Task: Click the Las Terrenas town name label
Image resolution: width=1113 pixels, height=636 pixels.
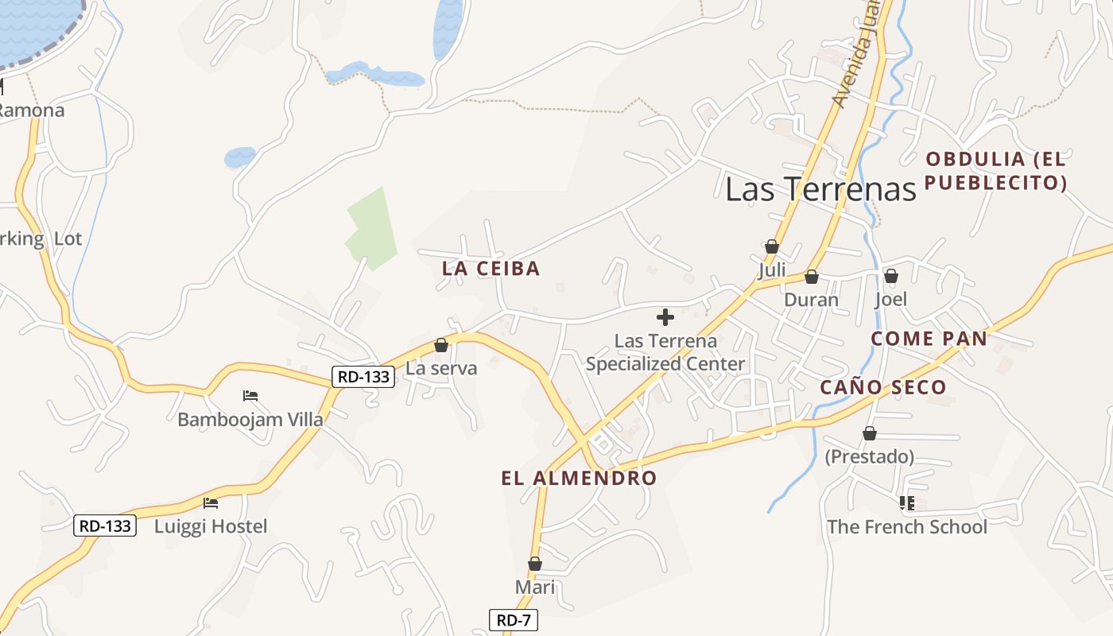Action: point(820,188)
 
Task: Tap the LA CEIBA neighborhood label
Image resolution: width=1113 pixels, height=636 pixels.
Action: point(491,269)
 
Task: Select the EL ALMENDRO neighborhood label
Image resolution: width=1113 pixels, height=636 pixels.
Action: point(579,478)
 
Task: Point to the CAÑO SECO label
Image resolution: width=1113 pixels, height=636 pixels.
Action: point(883,387)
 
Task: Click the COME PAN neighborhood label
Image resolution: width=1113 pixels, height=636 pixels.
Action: point(929,339)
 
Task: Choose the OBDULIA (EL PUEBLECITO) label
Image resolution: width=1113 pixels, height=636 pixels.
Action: point(995,171)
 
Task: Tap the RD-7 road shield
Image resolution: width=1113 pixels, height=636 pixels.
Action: point(513,620)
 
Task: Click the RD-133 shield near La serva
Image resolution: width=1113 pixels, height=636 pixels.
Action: point(363,377)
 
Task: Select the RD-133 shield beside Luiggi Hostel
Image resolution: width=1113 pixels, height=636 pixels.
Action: point(105,525)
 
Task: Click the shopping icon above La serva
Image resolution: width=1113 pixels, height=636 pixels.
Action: point(441,346)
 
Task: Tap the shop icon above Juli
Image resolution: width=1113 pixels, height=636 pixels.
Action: point(771,247)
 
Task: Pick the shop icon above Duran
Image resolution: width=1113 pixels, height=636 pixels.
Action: point(811,277)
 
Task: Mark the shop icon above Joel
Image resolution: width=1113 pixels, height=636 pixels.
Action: point(890,277)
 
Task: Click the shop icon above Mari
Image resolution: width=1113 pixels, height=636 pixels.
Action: point(535,564)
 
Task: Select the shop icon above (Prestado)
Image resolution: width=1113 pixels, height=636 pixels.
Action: point(869,434)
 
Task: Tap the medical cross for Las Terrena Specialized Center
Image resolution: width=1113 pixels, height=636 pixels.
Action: point(665,318)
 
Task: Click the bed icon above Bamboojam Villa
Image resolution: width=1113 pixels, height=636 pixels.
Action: point(250,396)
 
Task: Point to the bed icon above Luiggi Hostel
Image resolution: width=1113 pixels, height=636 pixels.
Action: point(211,503)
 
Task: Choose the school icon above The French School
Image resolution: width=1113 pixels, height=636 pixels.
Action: point(906,503)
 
